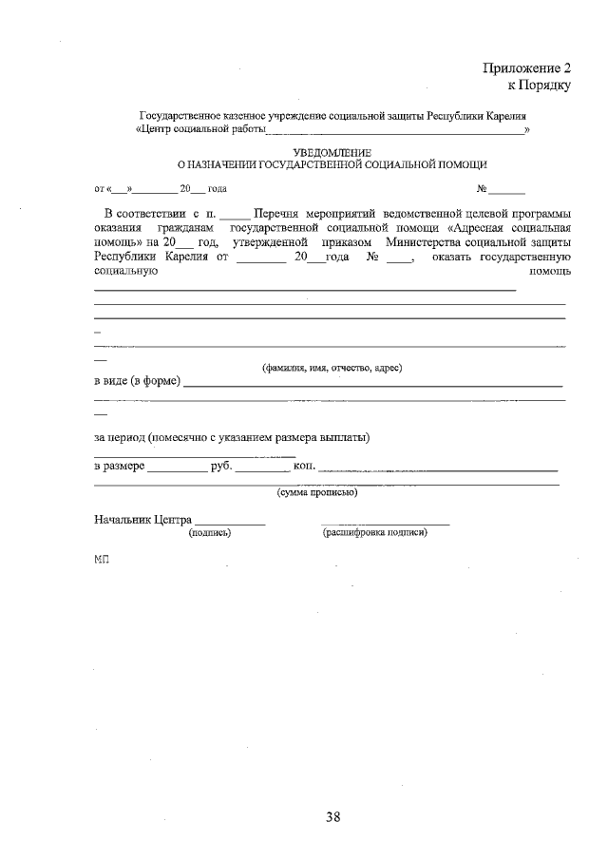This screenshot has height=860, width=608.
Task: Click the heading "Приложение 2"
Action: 526,68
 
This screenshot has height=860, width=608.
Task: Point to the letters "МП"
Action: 102,562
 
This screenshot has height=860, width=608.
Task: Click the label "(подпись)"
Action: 210,533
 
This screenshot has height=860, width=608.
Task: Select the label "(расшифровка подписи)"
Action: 375,533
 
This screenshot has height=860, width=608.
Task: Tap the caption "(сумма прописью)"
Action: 316,492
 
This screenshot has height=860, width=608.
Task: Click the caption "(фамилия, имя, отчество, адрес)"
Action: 332,368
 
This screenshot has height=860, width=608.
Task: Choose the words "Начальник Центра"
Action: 142,520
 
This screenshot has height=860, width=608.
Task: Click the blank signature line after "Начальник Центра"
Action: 230,523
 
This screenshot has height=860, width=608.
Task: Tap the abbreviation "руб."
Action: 221,467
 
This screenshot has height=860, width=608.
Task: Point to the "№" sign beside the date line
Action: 483,188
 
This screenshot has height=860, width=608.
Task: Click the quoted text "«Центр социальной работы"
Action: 200,128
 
